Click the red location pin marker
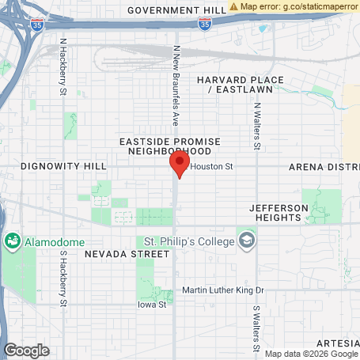[180, 165]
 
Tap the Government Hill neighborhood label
[176, 10]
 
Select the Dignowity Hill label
[63, 166]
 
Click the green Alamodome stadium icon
[13, 240]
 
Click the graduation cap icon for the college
[248, 240]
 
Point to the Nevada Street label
[127, 255]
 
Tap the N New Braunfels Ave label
[176, 85]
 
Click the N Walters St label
[257, 126]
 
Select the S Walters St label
[256, 328]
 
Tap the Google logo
[26, 350]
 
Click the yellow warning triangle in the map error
[234, 6]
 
